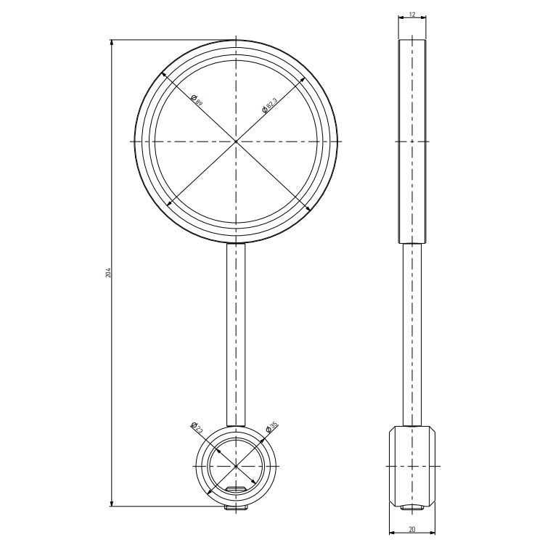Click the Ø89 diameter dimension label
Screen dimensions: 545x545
coord(195,99)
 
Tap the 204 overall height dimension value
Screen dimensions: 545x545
coord(108,272)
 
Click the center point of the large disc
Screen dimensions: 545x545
coord(236,140)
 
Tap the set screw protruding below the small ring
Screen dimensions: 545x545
coord(236,508)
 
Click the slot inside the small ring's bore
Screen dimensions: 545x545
coord(236,490)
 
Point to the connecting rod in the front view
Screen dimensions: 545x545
coord(236,334)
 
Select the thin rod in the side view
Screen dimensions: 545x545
coord(411,334)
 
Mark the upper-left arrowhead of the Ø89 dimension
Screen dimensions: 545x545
coord(163,74)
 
